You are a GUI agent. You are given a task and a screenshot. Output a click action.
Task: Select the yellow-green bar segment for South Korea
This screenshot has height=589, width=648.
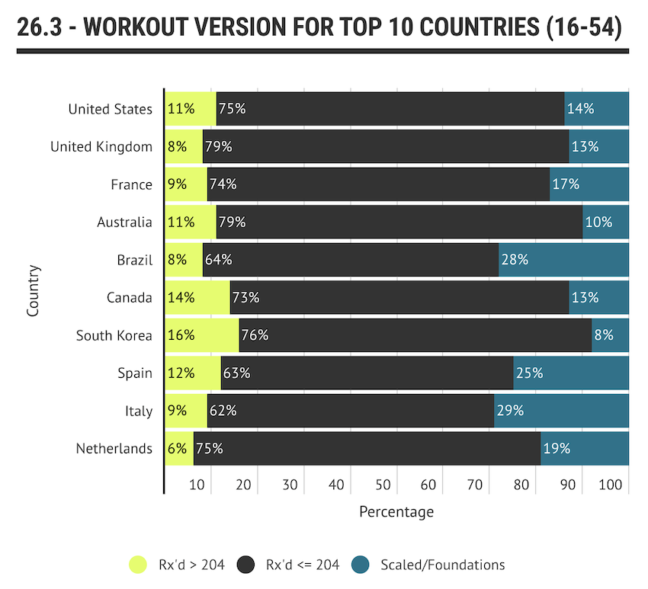pos(202,335)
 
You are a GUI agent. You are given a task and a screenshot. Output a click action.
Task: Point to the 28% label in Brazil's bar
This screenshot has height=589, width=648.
pos(515,260)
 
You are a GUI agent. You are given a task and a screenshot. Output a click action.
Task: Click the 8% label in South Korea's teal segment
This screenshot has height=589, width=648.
pos(604,335)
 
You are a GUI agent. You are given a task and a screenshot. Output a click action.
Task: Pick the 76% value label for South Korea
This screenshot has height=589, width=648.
pos(255,335)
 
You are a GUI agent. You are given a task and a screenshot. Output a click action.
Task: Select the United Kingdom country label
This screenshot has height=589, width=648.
pos(101,146)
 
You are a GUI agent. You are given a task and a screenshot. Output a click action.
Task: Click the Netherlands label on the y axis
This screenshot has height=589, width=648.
pos(114,449)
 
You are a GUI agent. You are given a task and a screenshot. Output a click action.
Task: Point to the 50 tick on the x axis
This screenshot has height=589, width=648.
pos(383,485)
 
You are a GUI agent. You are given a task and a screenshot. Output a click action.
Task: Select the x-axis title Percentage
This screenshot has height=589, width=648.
pos(396,511)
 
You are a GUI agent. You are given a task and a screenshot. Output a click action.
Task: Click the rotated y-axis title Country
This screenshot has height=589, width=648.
pos(33,290)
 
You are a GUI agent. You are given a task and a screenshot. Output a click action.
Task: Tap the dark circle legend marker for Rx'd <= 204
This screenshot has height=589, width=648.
pos(246,565)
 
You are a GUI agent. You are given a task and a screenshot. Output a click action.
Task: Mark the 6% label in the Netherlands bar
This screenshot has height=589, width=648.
pos(177,449)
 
